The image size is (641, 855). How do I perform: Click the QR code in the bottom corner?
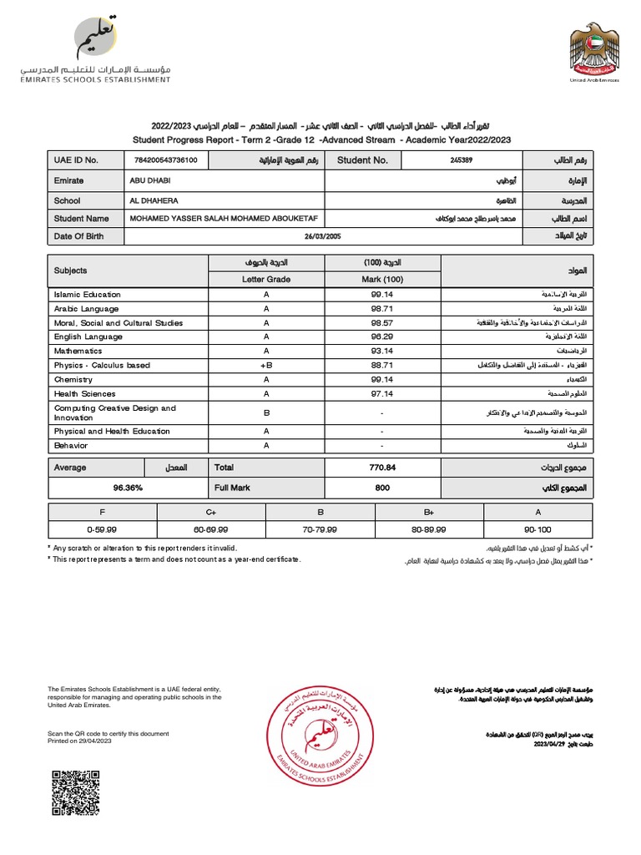coord(76,793)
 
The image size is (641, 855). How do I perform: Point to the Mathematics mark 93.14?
coord(381,352)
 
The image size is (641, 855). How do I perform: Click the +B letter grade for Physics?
coord(265,366)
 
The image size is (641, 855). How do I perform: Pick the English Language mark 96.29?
coord(381,337)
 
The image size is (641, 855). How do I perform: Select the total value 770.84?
coord(381,468)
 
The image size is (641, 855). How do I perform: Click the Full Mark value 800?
coord(381,487)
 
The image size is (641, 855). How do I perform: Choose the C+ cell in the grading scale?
coord(211,511)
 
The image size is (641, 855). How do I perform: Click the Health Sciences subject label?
coord(85,394)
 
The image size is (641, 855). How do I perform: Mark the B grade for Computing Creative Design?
coord(265,412)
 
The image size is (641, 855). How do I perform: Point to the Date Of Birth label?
coord(79,236)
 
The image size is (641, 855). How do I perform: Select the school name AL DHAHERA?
coord(154,201)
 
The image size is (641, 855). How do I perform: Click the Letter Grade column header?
coord(265,279)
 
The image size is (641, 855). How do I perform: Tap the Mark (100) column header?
coord(381,279)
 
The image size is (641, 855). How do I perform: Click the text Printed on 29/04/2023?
coord(84,741)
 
